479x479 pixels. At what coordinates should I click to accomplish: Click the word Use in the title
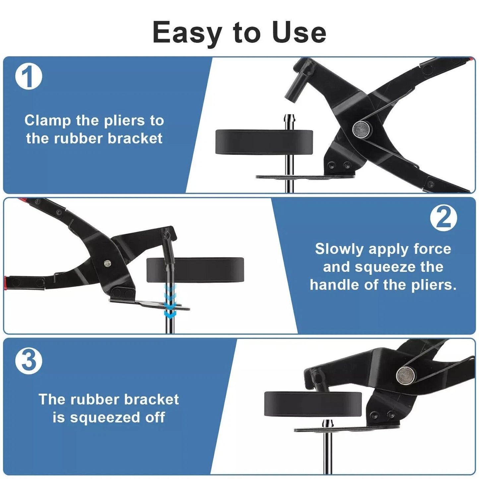tap(299, 32)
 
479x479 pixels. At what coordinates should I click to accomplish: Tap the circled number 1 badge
tap(29, 77)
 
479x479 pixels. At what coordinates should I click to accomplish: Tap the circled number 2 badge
tap(444, 218)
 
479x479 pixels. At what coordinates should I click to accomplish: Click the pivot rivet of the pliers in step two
tap(107, 263)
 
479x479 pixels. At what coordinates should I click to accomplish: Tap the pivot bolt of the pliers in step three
tap(405, 375)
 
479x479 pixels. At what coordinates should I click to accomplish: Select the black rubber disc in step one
tap(264, 142)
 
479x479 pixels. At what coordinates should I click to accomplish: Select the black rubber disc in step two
tap(195, 270)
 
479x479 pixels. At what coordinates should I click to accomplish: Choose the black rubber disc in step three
tap(313, 404)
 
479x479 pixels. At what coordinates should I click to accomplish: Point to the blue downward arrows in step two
tap(170, 302)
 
